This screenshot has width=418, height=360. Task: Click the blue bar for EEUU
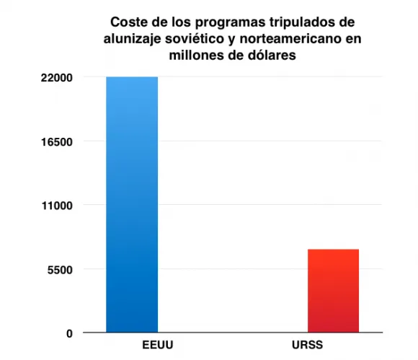(x=132, y=204)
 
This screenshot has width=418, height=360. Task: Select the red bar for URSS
(x=333, y=291)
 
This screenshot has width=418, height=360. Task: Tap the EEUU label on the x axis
(x=158, y=345)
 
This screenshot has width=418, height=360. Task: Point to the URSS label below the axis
(x=307, y=345)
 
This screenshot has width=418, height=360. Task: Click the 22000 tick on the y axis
(x=56, y=78)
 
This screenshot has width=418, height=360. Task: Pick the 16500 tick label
(x=56, y=142)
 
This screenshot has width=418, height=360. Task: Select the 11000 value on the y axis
(x=57, y=206)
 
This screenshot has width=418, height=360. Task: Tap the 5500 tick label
(x=60, y=270)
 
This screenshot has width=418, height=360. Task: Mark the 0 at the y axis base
(x=69, y=333)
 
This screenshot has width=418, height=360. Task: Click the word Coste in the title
(x=129, y=22)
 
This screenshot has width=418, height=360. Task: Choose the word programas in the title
(x=231, y=23)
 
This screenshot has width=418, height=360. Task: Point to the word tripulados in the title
(x=301, y=22)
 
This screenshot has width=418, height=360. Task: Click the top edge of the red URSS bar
(x=333, y=250)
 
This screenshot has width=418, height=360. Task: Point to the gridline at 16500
(x=270, y=141)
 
